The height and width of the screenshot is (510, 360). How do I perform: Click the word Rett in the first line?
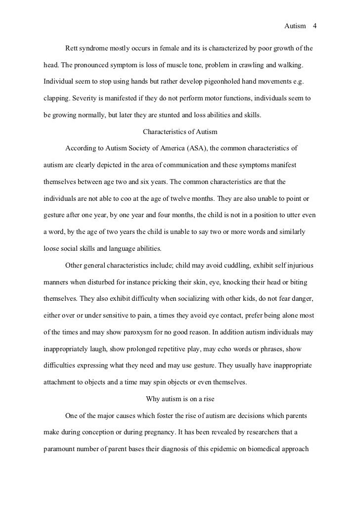pos(73,48)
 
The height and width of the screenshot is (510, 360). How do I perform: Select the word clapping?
pos(54,99)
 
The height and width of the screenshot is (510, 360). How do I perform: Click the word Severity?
pos(85,99)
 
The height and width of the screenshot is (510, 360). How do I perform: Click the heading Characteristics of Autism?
pos(180,132)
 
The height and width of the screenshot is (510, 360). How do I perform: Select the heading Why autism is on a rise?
pos(180,400)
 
